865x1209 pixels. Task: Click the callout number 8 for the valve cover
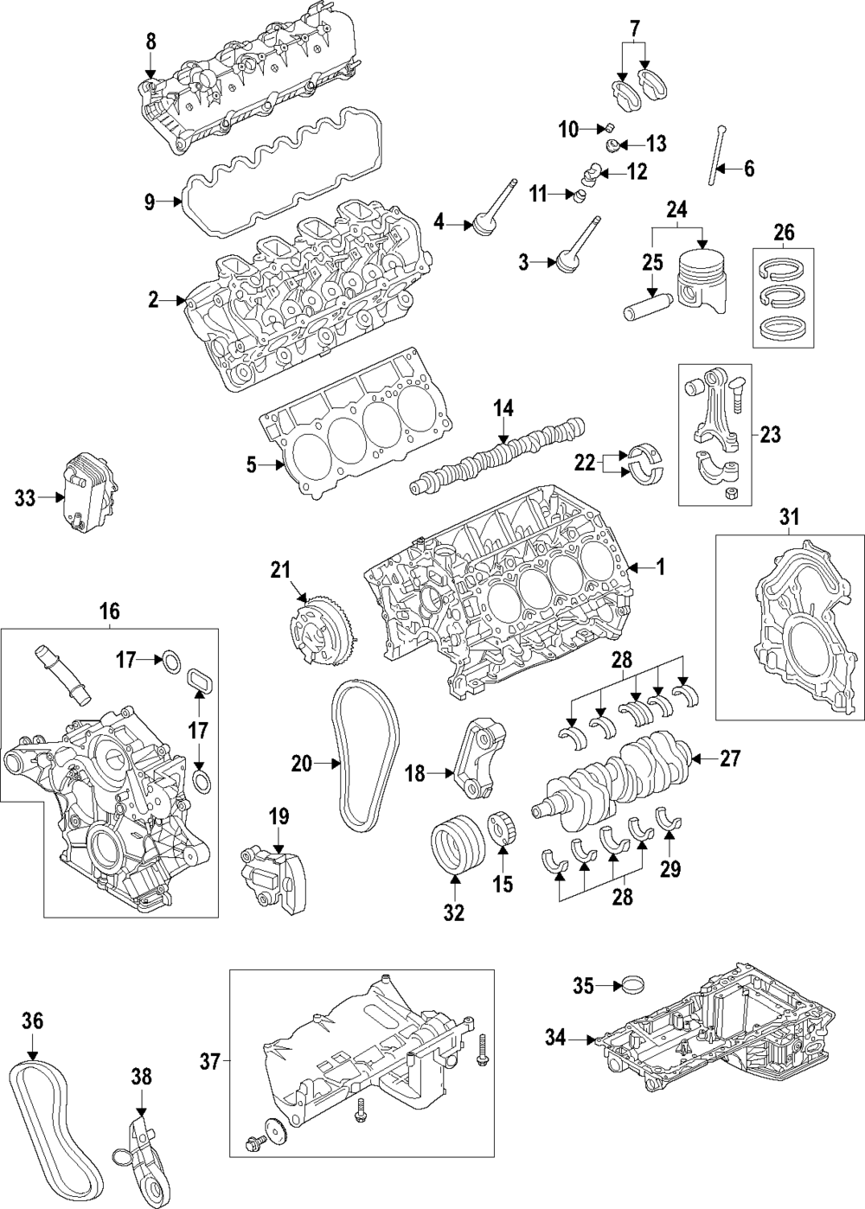point(151,41)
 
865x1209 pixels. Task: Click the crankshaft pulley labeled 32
point(454,844)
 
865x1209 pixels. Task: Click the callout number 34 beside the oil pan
point(555,1036)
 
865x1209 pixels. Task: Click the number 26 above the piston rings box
point(783,233)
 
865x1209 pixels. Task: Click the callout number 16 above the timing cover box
point(109,612)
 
